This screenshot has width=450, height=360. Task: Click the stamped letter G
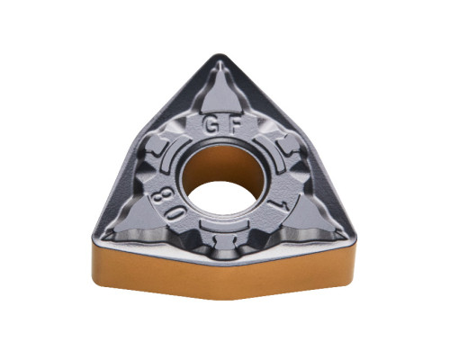point(211,125)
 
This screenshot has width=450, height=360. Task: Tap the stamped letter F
point(235,124)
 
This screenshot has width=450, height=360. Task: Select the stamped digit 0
point(175,214)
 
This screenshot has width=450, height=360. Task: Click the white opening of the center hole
point(222,198)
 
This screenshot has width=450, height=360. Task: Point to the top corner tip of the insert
point(220,56)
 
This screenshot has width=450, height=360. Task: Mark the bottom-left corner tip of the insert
point(94,237)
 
